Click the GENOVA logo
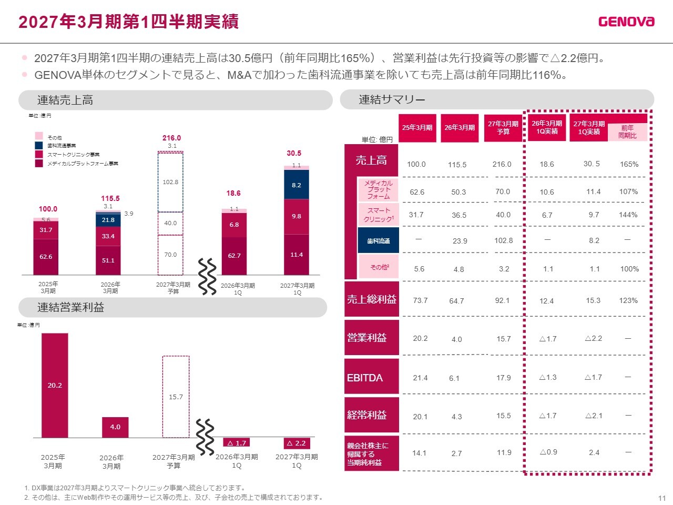pos(626,22)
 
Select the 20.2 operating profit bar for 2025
pos(55,386)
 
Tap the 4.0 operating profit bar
pos(115,427)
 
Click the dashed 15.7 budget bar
pos(176,397)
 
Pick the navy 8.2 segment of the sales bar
pos(296,185)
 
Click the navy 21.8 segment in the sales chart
pos(108,220)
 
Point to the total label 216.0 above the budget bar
pos(172,138)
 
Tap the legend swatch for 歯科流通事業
pos(39,145)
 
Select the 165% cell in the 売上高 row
pos(629,164)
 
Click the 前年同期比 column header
pos(627,132)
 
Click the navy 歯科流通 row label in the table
pos(379,241)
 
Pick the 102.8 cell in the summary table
pos(504,241)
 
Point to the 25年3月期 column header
pos(417,128)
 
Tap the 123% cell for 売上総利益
pos(628,300)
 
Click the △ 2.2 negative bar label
pos(297,443)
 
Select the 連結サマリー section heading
pos(392,99)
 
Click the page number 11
pos(662,498)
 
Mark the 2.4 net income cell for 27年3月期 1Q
pos(594,452)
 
